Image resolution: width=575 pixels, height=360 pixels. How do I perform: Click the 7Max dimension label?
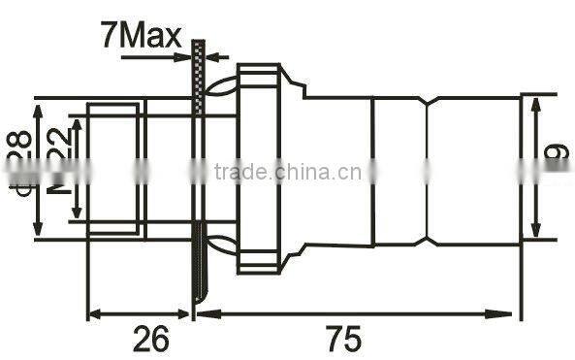pos(140,38)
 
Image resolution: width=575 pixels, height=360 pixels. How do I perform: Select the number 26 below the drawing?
pos(149,339)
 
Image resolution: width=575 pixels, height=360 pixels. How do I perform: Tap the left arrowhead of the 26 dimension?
pos(94,313)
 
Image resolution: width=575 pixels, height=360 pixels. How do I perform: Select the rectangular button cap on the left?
pos(113,169)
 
